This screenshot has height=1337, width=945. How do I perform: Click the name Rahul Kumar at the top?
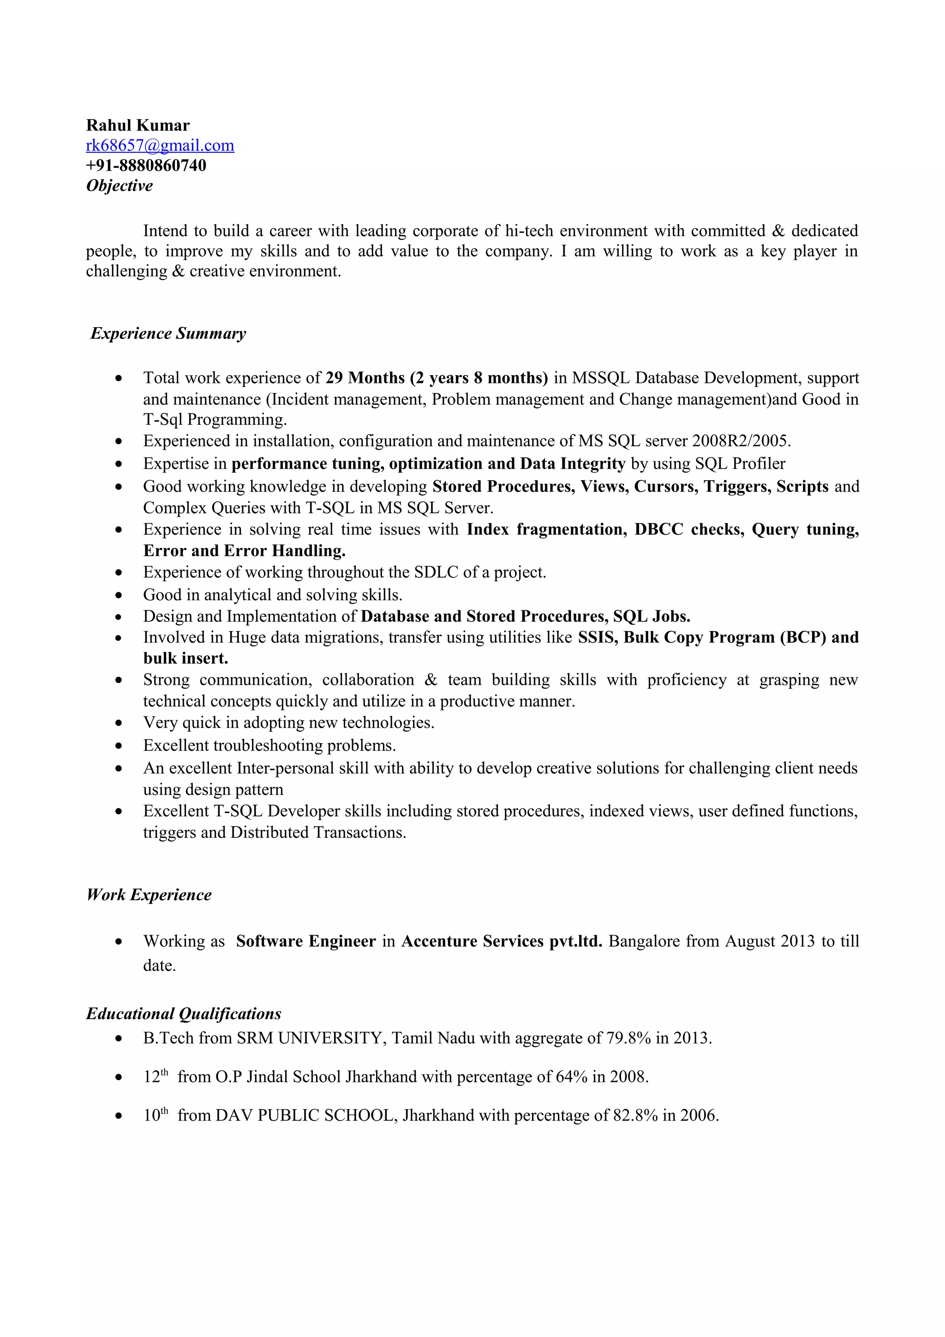coord(138,125)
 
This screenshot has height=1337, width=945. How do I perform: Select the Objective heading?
coord(120,186)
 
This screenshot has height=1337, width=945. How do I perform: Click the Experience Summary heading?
coord(168,334)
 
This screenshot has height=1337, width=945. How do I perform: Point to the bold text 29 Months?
coord(365,378)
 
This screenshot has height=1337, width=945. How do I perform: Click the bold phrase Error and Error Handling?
coord(244,551)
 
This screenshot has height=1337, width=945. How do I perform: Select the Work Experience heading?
coord(149,895)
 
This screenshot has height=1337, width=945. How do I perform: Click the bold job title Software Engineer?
coord(305,942)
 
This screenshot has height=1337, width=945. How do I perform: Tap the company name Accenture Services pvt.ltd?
coord(501,942)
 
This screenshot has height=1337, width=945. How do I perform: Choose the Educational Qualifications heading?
coord(183,1014)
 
